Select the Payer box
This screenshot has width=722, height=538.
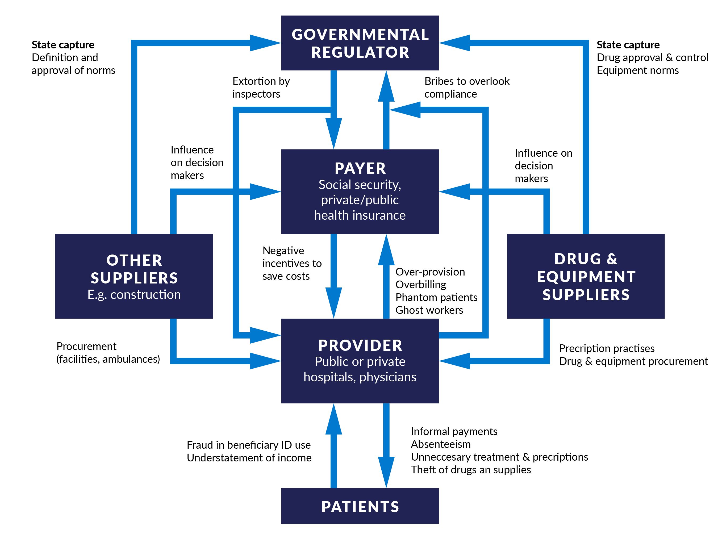(360, 191)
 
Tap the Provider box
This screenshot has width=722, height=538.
(360, 361)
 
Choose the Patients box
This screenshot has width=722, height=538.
(360, 506)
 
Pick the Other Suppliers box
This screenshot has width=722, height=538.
(134, 276)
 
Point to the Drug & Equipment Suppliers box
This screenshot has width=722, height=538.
(586, 276)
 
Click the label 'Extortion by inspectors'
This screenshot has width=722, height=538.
(261, 87)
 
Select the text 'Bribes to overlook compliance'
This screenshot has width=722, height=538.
(467, 87)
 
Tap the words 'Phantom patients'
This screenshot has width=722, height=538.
(436, 297)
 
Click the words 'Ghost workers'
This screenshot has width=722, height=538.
(429, 310)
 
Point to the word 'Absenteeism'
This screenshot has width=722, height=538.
(441, 444)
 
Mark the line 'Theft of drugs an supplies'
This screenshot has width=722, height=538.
(471, 470)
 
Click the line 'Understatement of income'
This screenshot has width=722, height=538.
(249, 458)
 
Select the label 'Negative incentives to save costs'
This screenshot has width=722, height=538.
(292, 263)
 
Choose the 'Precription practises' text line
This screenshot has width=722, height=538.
(607, 348)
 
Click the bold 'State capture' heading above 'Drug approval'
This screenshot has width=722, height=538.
(628, 45)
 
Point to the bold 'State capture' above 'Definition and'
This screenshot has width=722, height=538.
(63, 45)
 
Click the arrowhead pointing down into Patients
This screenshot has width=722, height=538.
(386, 472)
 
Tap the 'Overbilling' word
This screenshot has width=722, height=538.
(421, 284)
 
